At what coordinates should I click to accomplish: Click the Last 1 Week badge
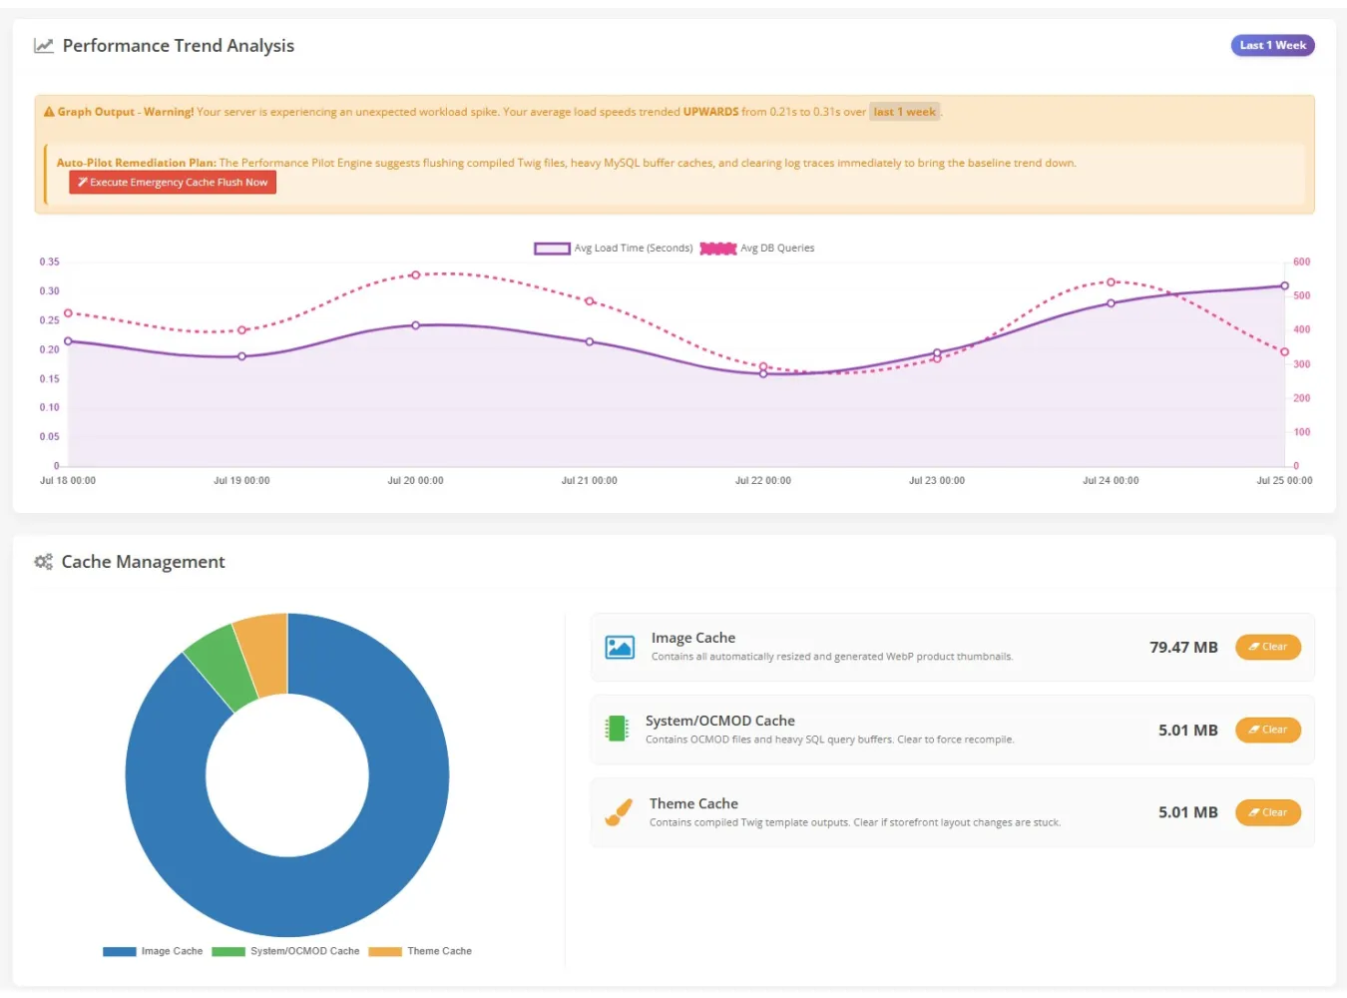coord(1272,45)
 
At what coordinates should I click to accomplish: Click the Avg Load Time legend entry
coord(614,248)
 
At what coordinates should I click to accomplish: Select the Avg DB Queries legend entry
coord(756,248)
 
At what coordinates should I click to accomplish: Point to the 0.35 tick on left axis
coord(50,261)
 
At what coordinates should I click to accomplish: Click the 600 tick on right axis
coord(1301,261)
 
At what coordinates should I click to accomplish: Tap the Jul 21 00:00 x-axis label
coord(589,480)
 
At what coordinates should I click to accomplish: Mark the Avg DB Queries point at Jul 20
coord(415,275)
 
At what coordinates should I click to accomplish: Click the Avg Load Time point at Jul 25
coord(1284,285)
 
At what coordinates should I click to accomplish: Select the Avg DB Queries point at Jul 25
coord(1284,351)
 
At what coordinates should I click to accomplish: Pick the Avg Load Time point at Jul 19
coord(241,356)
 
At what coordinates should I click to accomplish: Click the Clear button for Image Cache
coord(1268,647)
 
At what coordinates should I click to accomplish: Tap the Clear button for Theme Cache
coord(1268,812)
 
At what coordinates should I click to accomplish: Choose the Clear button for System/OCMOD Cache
coord(1268,730)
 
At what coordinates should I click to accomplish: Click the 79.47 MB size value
coord(1183,648)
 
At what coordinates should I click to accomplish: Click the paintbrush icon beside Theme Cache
coord(619,812)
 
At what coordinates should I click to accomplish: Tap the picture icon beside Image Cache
coord(620,647)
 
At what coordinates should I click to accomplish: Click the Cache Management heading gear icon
coord(43,562)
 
